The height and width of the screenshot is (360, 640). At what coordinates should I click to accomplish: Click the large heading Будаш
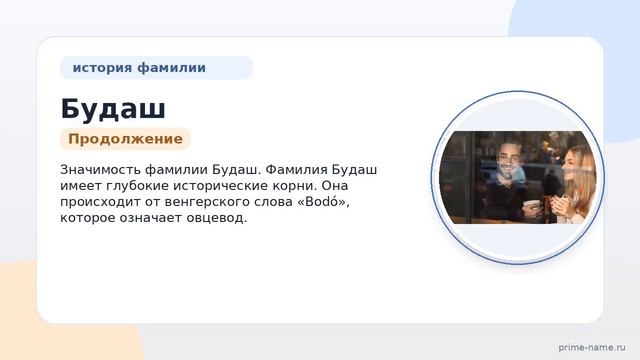pyautogui.click(x=113, y=109)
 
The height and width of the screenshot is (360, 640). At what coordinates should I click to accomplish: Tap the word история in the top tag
pyautogui.click(x=102, y=67)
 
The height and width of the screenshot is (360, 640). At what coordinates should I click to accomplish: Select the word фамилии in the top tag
pyautogui.click(x=171, y=67)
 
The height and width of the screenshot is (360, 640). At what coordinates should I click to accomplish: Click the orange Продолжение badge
pyautogui.click(x=125, y=139)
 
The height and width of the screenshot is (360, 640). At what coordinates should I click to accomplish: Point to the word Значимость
pyautogui.click(x=100, y=169)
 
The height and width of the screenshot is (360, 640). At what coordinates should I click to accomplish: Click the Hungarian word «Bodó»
pyautogui.click(x=322, y=202)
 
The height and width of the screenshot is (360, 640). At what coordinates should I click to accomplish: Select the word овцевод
pyautogui.click(x=217, y=218)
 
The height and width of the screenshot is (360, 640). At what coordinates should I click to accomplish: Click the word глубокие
pyautogui.click(x=137, y=186)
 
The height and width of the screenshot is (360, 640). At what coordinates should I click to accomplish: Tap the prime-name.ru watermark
pyautogui.click(x=592, y=348)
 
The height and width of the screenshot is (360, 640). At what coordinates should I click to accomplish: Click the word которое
pyautogui.click(x=87, y=218)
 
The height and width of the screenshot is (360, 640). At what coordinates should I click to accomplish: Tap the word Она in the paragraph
pyautogui.click(x=335, y=186)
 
